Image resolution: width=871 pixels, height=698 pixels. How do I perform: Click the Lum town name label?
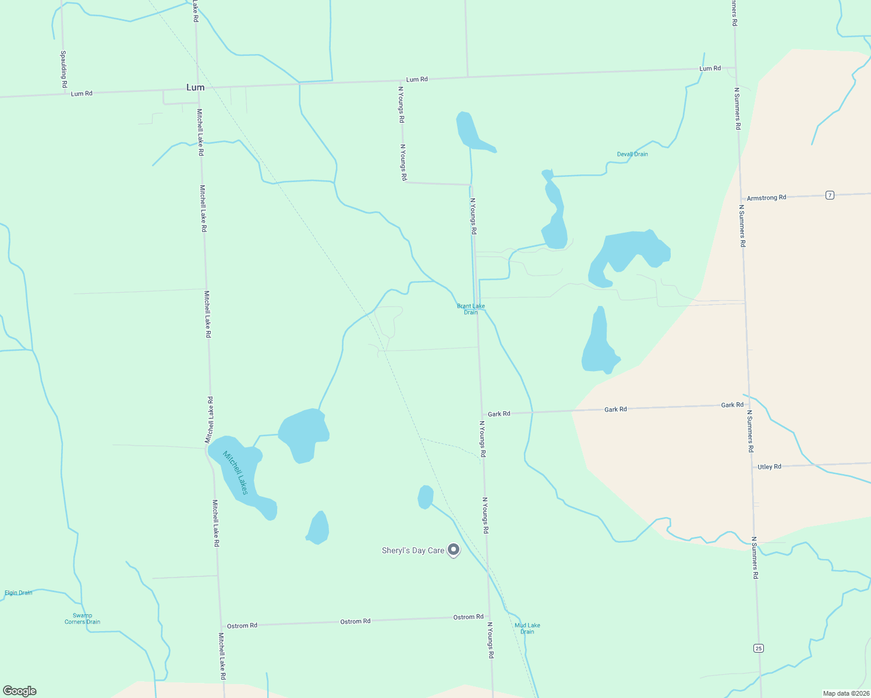pyautogui.click(x=195, y=87)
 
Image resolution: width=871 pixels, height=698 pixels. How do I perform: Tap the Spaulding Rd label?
pyautogui.click(x=63, y=70)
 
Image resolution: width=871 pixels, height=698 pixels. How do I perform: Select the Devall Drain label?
pyautogui.click(x=632, y=154)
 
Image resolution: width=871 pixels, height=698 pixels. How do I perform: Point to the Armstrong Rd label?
pyautogui.click(x=766, y=198)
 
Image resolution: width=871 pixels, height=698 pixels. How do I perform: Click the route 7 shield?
pyautogui.click(x=830, y=195)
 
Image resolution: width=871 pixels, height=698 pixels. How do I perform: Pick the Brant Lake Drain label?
pyautogui.click(x=470, y=309)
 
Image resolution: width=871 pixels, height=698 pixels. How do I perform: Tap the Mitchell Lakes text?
pyautogui.click(x=236, y=473)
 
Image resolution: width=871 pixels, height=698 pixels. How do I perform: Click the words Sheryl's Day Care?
pyautogui.click(x=413, y=550)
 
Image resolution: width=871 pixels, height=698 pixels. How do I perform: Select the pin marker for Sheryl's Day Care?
pyautogui.click(x=454, y=550)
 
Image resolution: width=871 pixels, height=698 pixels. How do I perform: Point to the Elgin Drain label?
pyautogui.click(x=19, y=593)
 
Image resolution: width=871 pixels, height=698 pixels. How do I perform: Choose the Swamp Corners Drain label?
pyautogui.click(x=82, y=618)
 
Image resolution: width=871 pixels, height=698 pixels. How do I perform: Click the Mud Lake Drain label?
pyautogui.click(x=527, y=628)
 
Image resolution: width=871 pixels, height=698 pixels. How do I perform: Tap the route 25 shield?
pyautogui.click(x=757, y=648)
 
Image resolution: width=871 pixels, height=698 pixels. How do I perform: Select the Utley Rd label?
pyautogui.click(x=769, y=466)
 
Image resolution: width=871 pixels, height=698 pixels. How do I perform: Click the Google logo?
pyautogui.click(x=20, y=691)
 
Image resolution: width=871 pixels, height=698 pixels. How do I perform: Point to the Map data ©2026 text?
pyautogui.click(x=845, y=693)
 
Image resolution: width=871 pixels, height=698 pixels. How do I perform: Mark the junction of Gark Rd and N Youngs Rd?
pyautogui.click(x=481, y=414)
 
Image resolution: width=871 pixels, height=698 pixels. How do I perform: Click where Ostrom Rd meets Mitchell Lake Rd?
pyautogui.click(x=219, y=626)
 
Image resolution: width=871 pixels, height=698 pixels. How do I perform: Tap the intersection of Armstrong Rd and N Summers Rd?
pyautogui.click(x=741, y=199)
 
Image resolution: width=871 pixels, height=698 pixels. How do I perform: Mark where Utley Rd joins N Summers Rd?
pyautogui.click(x=751, y=467)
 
